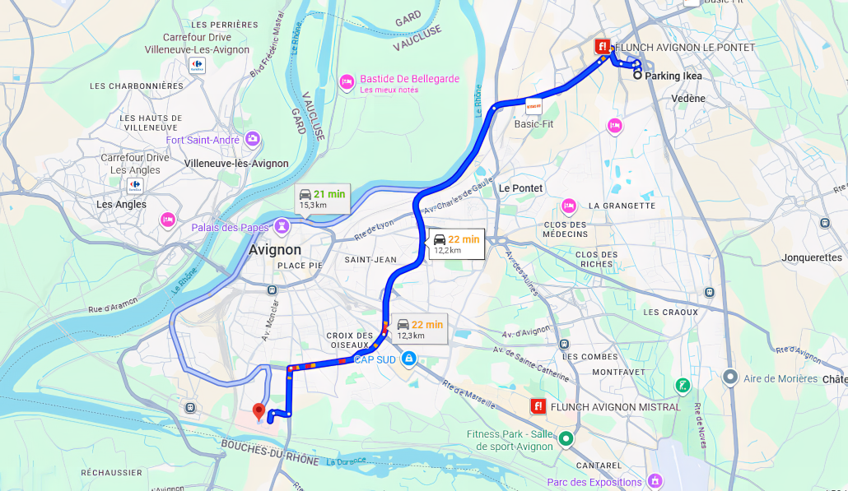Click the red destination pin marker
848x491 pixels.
259,411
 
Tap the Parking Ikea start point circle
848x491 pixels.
637,75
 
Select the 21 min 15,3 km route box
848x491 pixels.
322,198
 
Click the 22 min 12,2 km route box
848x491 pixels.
456,244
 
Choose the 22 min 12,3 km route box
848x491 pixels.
419,329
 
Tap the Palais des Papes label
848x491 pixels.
230,227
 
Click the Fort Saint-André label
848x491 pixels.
203,140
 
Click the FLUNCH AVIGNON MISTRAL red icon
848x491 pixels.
538,406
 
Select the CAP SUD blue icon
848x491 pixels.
409,359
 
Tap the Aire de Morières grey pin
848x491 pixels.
729,378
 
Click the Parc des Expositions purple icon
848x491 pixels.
655,480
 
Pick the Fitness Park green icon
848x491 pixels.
566,439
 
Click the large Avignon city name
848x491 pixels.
275,249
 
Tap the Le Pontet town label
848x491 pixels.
520,188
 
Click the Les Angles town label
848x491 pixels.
121,205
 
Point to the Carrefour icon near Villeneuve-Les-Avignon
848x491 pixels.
197,64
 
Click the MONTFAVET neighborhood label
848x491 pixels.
618,372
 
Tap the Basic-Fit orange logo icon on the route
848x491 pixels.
533,106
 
